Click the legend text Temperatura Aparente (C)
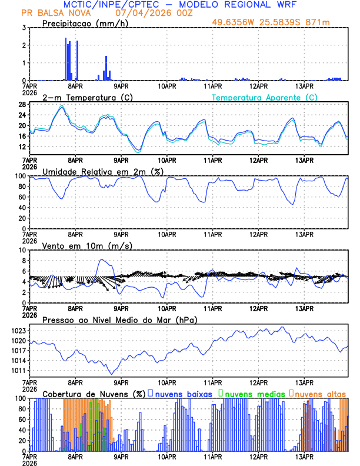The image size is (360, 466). point(264,97)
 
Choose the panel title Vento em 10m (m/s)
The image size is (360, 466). point(79,245)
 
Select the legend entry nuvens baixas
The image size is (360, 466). point(183,394)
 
